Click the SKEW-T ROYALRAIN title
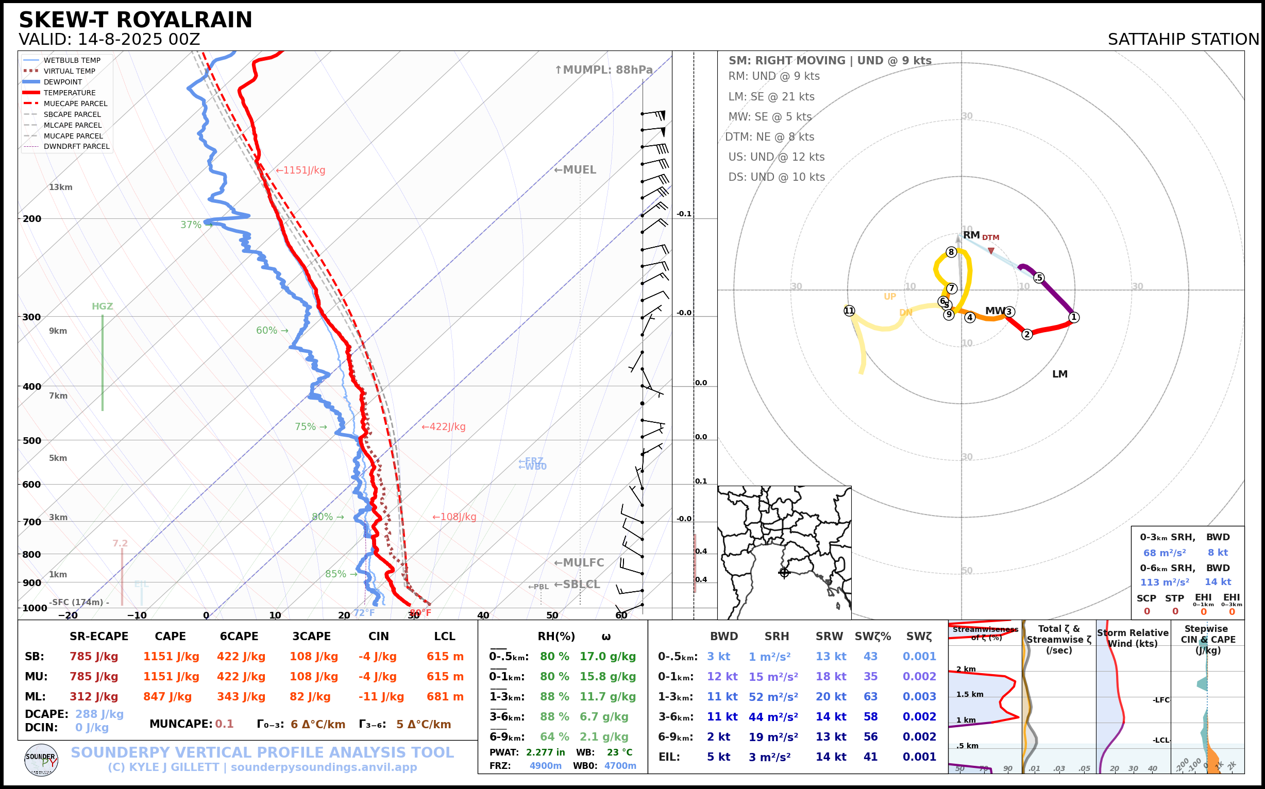coord(135,20)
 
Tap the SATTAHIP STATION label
coord(1183,39)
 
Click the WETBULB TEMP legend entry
coord(72,61)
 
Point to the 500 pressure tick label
coord(32,440)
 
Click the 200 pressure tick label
coord(32,219)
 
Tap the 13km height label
coord(61,187)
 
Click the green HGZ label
coord(103,306)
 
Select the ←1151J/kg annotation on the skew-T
coord(300,170)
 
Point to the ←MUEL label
coord(575,169)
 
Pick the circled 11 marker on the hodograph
coord(849,311)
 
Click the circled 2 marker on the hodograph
coord(1027,334)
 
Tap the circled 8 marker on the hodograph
coord(951,252)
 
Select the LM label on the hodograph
coord(1060,374)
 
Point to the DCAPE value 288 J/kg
coord(99,714)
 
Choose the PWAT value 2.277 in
coord(545,752)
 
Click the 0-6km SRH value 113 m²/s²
coord(1164,582)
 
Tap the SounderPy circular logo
coord(41,760)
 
